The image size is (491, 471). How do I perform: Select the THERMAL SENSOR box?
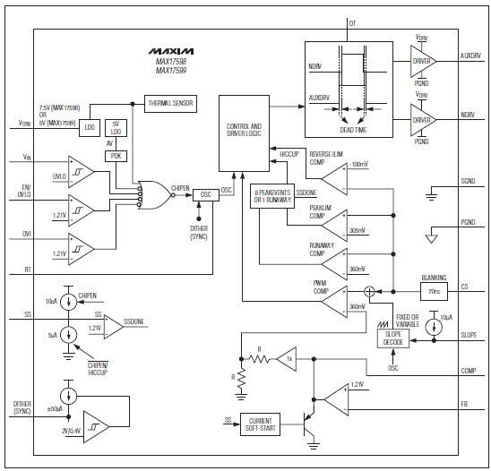click(x=170, y=103)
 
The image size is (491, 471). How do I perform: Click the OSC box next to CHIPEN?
click(x=205, y=193)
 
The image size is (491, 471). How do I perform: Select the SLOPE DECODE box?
click(x=392, y=339)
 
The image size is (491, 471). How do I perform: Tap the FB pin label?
click(x=465, y=405)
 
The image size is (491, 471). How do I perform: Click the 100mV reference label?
click(x=359, y=165)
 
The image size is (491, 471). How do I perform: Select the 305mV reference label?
click(x=357, y=230)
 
